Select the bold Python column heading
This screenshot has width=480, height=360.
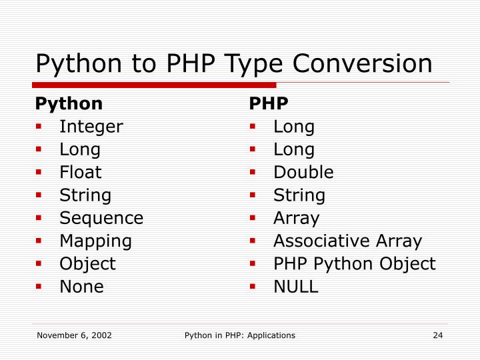pos(69,104)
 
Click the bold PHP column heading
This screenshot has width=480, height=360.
pos(269,104)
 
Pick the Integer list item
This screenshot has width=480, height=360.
pos(91,127)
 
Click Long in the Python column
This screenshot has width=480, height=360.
pos(80,149)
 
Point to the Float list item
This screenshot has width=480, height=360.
pos(81,172)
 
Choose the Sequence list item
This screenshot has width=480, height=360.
pos(101,218)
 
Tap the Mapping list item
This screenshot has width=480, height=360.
pos(96,241)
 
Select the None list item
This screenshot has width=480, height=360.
pos(82,287)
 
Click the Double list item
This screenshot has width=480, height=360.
pos(303,172)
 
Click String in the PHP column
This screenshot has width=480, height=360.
pos(299,195)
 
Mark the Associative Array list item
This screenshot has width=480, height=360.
pos(347,241)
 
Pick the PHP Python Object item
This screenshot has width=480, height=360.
pos(354,264)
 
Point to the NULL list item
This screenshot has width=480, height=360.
pos(296,287)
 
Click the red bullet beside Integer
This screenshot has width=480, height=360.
pos(40,127)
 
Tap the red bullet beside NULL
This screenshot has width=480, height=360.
pos(253,287)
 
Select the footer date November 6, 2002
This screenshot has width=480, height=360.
pos(74,335)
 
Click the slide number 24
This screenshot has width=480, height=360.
pos(438,335)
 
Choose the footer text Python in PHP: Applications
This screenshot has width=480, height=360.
pos(240,335)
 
